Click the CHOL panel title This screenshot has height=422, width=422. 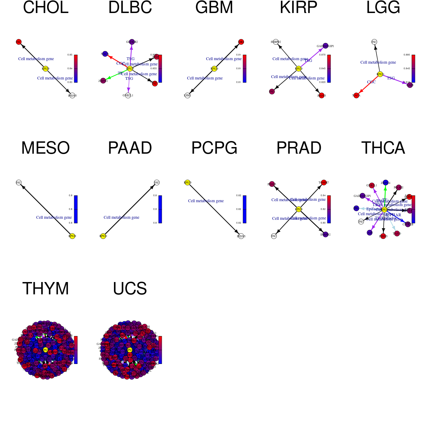pos(46,8)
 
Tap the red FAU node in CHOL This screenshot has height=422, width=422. pos(19,42)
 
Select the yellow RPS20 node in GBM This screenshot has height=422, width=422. pos(214,69)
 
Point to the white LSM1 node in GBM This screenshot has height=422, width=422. pos(187,95)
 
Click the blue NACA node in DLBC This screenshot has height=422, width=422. pos(105,54)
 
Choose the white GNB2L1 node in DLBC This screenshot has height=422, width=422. pos(128,95)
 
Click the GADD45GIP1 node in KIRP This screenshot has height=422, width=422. pos(325,46)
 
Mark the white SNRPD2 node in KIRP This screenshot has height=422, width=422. pos(276,42)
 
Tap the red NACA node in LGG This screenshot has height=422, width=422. pos(356,95)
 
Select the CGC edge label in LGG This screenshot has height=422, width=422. pos(371,82)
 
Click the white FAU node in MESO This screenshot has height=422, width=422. pos(19,183)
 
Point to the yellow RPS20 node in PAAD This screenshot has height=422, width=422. pos(103,236)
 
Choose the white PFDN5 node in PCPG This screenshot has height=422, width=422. pos(241,236)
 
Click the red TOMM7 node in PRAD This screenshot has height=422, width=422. pos(324,182)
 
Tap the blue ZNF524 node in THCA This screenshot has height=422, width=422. pos(385,183)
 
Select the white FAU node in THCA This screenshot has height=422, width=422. pos(361,222)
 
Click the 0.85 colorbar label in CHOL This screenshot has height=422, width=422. pos(70,55)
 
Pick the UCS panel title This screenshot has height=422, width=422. pos(130,289)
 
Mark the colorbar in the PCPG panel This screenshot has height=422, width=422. pos(244,209)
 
